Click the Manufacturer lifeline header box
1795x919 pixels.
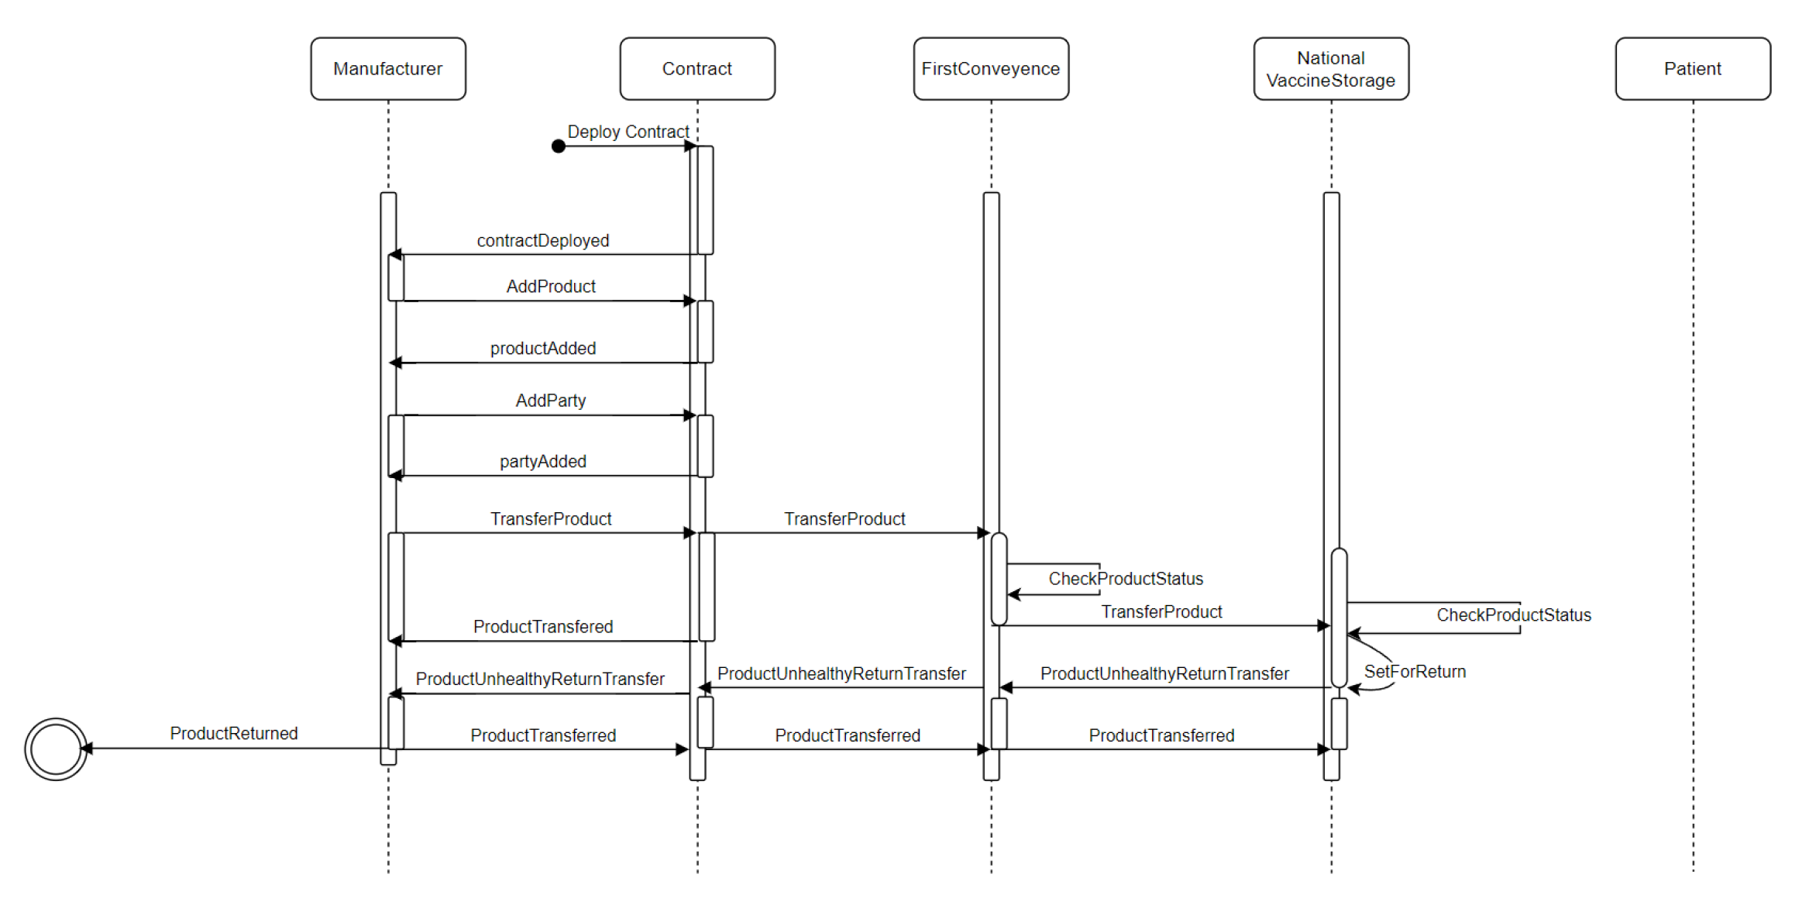pos(387,69)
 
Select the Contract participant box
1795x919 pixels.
pos(696,69)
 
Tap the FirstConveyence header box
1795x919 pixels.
pos(990,69)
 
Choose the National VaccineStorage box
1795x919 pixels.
pos(1330,69)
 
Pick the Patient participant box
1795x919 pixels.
pos(1692,69)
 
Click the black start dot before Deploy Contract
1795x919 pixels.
pos(558,146)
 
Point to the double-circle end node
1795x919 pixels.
pos(55,749)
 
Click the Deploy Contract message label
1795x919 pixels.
pos(628,132)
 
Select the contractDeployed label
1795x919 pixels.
pos(542,240)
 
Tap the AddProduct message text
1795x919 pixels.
pos(550,286)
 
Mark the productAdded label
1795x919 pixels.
pos(542,348)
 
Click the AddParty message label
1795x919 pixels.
pos(550,400)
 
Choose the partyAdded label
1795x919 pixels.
pos(542,461)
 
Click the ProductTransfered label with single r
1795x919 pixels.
pos(542,626)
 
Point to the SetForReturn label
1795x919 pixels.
pos(1414,671)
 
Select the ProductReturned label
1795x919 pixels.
pos(233,733)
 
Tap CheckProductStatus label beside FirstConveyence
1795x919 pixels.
pos(1125,578)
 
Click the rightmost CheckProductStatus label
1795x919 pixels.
pos(1513,614)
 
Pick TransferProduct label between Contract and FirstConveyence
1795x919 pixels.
pos(844,518)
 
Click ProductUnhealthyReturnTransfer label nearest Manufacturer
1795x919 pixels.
pos(539,679)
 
